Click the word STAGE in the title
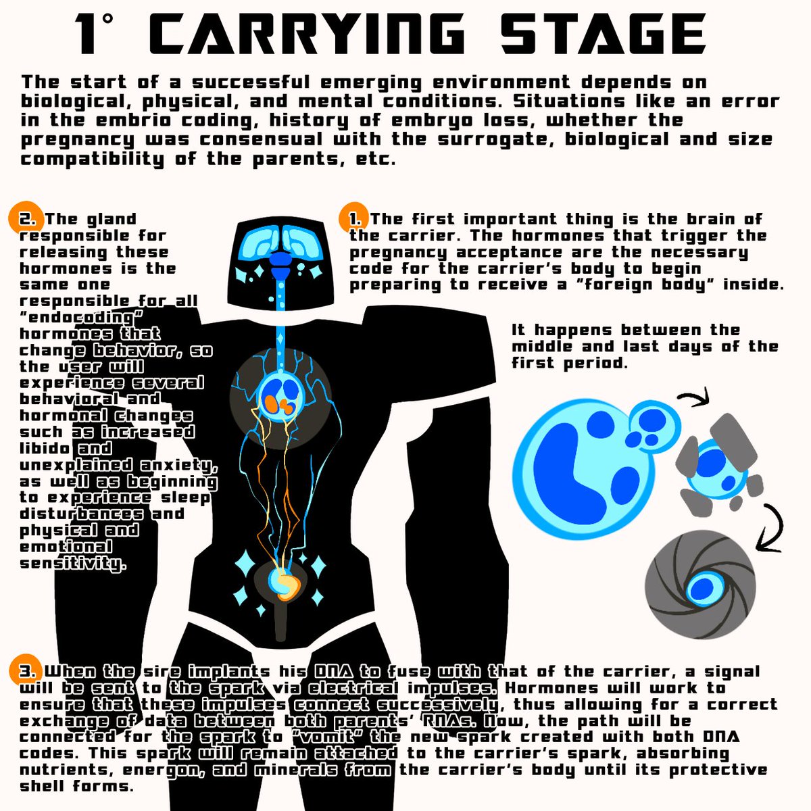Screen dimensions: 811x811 pos(603,33)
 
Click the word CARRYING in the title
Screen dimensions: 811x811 pos(307,33)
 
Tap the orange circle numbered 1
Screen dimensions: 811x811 pos(353,218)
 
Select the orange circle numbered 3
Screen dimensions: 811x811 pos(25,670)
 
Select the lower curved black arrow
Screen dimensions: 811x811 pos(774,529)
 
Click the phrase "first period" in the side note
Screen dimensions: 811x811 pos(569,363)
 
